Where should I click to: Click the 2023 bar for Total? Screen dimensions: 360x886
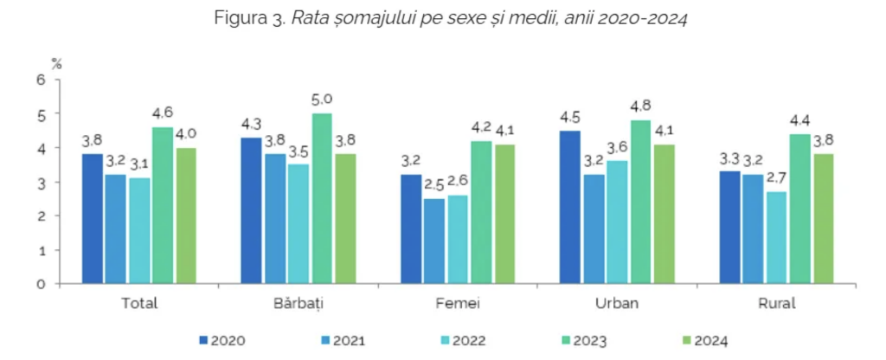coord(163,206)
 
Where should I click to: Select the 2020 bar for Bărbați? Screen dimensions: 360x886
coord(252,210)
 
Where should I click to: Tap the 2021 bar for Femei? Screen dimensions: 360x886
coord(434,241)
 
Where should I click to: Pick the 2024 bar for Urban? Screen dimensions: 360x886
coord(664,214)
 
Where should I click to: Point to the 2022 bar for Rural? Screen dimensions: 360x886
coord(776,237)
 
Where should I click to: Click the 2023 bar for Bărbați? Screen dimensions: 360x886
coord(322,198)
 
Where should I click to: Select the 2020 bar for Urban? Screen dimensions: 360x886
coord(570,207)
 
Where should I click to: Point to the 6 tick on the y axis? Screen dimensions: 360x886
coord(40,80)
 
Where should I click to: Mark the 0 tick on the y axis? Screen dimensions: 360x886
coord(40,284)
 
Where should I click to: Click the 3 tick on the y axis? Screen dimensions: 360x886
coord(40,182)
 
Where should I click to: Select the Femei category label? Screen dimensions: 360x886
coord(458,305)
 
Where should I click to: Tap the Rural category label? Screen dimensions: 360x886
coord(776,305)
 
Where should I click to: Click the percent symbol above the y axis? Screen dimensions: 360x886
coord(56,62)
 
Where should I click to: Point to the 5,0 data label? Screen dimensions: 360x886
coord(322,100)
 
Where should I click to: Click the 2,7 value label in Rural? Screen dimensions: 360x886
coord(776,178)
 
